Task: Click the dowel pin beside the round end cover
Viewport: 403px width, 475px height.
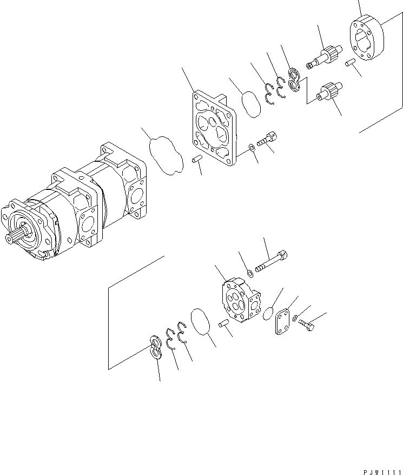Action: coord(351,64)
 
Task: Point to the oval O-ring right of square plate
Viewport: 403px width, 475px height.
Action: coord(251,104)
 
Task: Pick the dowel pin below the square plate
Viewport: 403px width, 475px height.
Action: coord(197,160)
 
